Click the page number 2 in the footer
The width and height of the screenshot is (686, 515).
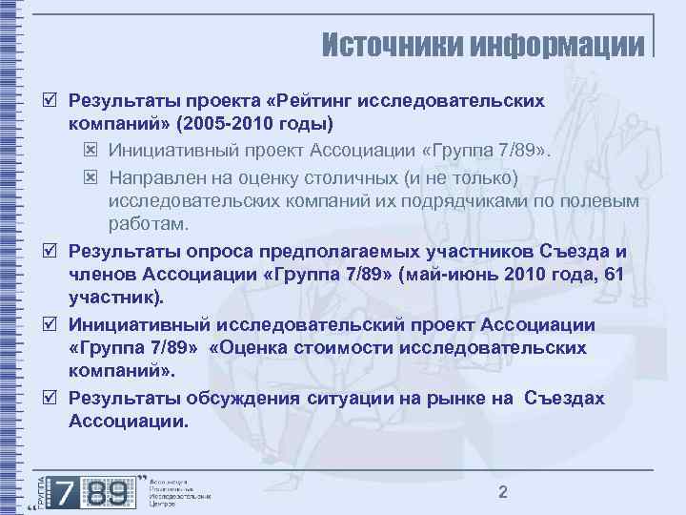click(503, 491)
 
